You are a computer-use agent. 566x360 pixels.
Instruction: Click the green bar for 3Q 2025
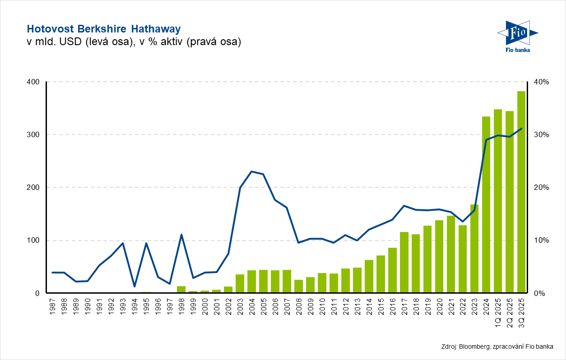point(521,192)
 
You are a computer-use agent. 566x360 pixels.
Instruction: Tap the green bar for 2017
point(404,262)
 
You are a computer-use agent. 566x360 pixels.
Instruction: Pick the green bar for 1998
point(181,289)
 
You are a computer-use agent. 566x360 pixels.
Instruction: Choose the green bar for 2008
point(298,286)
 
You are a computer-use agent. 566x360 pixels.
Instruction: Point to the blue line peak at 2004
point(251,171)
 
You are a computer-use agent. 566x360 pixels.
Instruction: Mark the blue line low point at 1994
point(134,286)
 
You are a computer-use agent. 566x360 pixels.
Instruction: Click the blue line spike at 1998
point(181,235)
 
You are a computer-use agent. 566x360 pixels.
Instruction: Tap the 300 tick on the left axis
point(35,134)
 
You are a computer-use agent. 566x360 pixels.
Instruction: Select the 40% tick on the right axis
point(542,82)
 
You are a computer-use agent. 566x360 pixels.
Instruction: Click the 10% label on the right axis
point(542,240)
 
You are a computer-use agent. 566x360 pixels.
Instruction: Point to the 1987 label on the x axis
point(52,305)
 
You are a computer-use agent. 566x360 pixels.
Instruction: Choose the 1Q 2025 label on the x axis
point(498,311)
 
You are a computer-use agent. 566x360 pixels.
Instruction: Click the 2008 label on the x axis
point(299,305)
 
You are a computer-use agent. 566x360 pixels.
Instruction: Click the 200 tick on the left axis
point(35,187)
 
